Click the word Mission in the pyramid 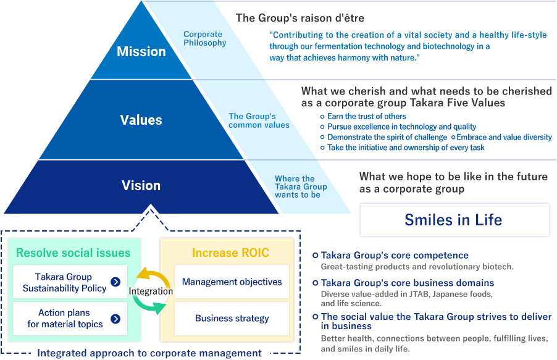[x=141, y=52]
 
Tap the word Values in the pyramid [x=141, y=120]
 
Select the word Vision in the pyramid [x=141, y=185]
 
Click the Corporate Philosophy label [x=205, y=39]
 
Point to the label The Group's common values [x=259, y=120]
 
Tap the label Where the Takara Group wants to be [x=301, y=186]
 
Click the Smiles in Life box [x=454, y=220]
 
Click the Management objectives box [x=232, y=282]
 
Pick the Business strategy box [x=232, y=319]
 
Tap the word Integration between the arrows [x=151, y=291]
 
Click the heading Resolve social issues [x=73, y=253]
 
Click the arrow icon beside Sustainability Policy [x=115, y=282]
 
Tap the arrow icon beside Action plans [x=115, y=319]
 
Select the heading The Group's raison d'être [x=300, y=18]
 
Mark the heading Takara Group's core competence [x=395, y=255]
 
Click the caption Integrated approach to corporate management [x=149, y=353]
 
